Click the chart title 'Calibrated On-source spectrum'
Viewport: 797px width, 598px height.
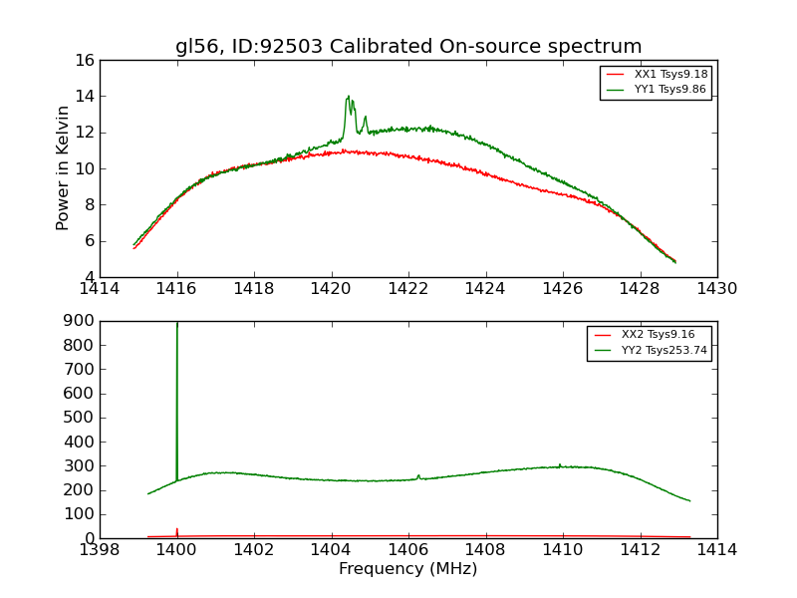click(x=408, y=47)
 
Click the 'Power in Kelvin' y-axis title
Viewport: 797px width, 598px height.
click(x=64, y=168)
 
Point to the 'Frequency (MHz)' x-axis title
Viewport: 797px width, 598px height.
click(x=408, y=569)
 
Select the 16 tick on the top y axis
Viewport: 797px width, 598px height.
click(x=84, y=60)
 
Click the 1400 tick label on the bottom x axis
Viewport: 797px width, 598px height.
click(x=176, y=550)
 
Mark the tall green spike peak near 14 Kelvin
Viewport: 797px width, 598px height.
click(x=348, y=97)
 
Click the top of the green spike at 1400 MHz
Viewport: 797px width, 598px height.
click(x=177, y=323)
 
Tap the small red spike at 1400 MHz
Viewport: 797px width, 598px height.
click(x=177, y=530)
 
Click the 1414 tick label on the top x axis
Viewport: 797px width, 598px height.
click(x=101, y=289)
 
